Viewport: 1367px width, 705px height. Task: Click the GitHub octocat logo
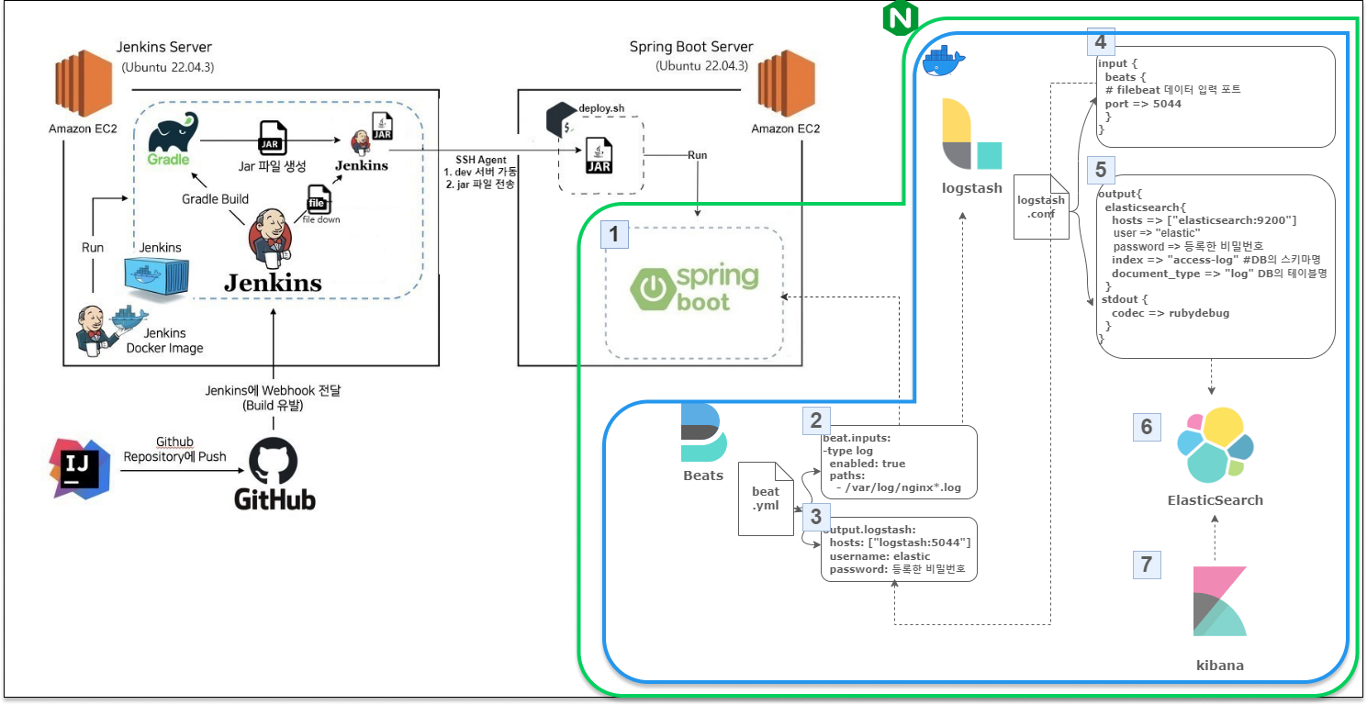click(275, 459)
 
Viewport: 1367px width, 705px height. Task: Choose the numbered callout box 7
click(1146, 564)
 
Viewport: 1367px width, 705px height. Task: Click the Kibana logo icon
click(1219, 601)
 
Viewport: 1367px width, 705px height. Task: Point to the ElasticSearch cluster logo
click(1215, 446)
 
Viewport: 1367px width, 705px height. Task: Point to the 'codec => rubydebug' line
click(1163, 313)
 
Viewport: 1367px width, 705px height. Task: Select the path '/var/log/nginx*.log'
click(899, 487)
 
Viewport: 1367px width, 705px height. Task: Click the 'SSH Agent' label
click(480, 160)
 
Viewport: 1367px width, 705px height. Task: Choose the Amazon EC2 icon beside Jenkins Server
click(83, 87)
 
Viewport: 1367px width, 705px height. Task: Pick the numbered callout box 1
click(614, 235)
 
